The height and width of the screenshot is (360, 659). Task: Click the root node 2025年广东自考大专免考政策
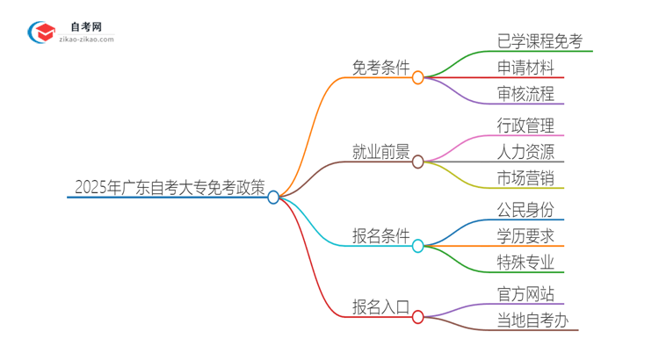point(169,186)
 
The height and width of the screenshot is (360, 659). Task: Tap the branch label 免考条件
point(380,68)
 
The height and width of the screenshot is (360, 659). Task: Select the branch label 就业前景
point(380,152)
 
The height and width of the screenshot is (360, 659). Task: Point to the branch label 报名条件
point(380,236)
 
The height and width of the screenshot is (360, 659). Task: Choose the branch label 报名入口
point(380,306)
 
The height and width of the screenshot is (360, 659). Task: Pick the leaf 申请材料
point(525,67)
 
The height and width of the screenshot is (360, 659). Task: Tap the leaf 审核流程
point(525,94)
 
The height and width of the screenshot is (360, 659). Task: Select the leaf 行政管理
point(525,125)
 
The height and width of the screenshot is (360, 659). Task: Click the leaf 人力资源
point(525,152)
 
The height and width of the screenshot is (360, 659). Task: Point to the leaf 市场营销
point(525,179)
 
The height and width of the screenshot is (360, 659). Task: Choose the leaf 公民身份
point(525,209)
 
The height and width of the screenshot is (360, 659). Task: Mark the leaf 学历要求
point(525,235)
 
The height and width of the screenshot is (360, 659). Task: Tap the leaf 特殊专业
point(525,263)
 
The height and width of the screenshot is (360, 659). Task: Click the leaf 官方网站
point(525,293)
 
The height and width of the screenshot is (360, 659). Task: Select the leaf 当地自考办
point(532,320)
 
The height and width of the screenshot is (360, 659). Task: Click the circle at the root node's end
point(273,198)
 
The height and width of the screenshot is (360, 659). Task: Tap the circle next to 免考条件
point(418,77)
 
